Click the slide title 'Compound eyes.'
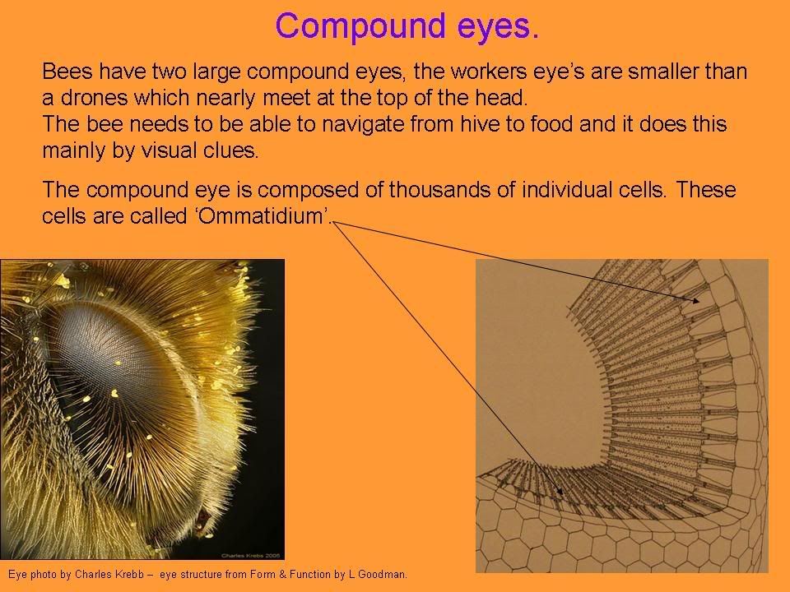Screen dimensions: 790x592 407,26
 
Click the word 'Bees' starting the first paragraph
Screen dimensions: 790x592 67,72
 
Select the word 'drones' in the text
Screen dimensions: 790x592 94,98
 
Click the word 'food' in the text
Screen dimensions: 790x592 551,124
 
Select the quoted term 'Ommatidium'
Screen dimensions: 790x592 263,216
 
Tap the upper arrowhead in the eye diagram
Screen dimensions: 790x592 696,301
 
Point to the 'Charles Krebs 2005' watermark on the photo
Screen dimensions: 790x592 250,556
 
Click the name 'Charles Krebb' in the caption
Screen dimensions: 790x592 109,575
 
